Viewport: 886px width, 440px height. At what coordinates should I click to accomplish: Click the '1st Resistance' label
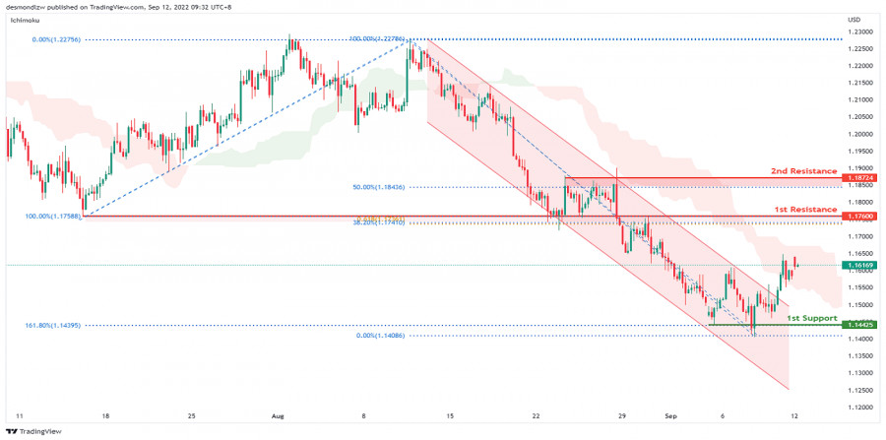805,210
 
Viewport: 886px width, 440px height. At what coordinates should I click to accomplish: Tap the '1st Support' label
811,318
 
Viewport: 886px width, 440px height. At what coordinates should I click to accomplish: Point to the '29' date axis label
620,416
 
